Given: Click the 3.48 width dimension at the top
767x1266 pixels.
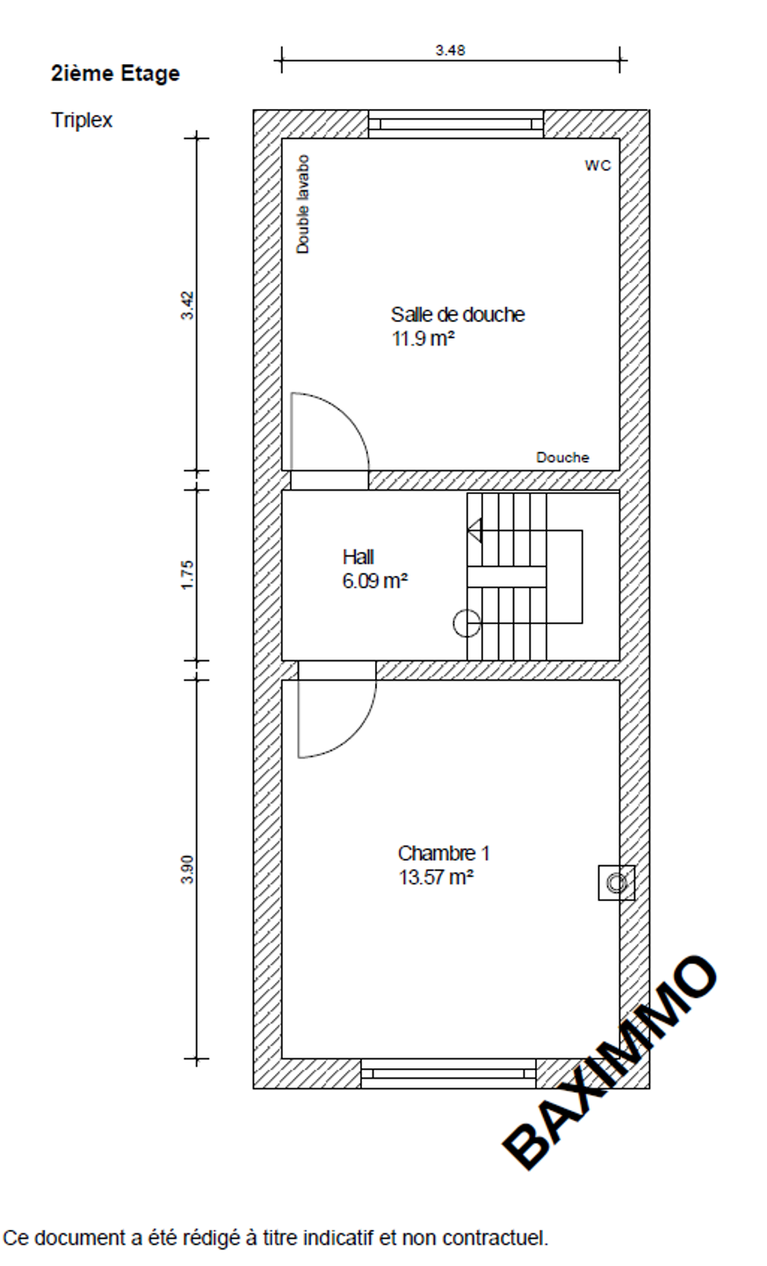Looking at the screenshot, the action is [x=450, y=50].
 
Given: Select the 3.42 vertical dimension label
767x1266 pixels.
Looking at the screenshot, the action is [x=187, y=305].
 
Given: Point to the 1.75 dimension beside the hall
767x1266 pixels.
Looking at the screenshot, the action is [x=187, y=575].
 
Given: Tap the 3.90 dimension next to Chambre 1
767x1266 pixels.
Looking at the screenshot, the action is [x=187, y=869].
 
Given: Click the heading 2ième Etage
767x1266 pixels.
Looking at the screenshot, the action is [x=115, y=74].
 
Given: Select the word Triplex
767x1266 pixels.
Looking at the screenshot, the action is [x=82, y=120].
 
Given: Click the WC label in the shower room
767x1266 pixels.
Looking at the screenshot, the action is [x=597, y=165].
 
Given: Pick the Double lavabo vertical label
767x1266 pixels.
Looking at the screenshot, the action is [x=303, y=204].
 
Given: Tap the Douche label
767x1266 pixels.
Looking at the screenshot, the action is [x=562, y=457].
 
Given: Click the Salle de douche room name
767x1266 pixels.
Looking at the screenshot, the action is [x=458, y=314].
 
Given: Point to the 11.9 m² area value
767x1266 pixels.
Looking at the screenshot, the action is [x=423, y=338].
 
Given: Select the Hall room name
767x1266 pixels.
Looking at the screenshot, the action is [x=358, y=557].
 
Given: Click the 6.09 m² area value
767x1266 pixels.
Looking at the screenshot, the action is [x=375, y=581].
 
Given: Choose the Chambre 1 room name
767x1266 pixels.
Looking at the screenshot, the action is [x=444, y=854].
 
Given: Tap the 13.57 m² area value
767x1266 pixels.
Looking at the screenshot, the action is [x=436, y=877].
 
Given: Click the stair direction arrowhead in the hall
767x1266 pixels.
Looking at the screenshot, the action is [x=475, y=530].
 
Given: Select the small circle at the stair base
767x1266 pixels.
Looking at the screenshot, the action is [x=467, y=624].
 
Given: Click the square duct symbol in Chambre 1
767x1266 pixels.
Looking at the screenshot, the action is [x=616, y=883].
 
